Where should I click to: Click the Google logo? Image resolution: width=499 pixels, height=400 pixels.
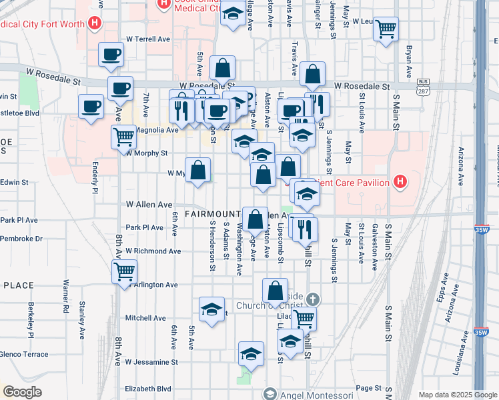coord(22,392)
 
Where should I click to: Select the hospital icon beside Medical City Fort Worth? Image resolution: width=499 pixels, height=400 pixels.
coord(95,23)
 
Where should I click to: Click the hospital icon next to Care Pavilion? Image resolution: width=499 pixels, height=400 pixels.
coord(400,181)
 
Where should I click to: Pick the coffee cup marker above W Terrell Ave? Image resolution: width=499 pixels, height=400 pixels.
coord(111,55)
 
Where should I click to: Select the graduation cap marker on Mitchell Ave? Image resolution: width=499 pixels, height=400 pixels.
coord(211,309)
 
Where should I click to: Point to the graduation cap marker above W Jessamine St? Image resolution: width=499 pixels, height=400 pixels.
coord(251,354)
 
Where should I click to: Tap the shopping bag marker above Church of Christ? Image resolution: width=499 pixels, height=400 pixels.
coord(275,291)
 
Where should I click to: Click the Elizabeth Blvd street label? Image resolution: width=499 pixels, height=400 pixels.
coord(147,389)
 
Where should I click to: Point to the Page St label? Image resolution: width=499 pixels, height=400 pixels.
coord(368,388)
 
